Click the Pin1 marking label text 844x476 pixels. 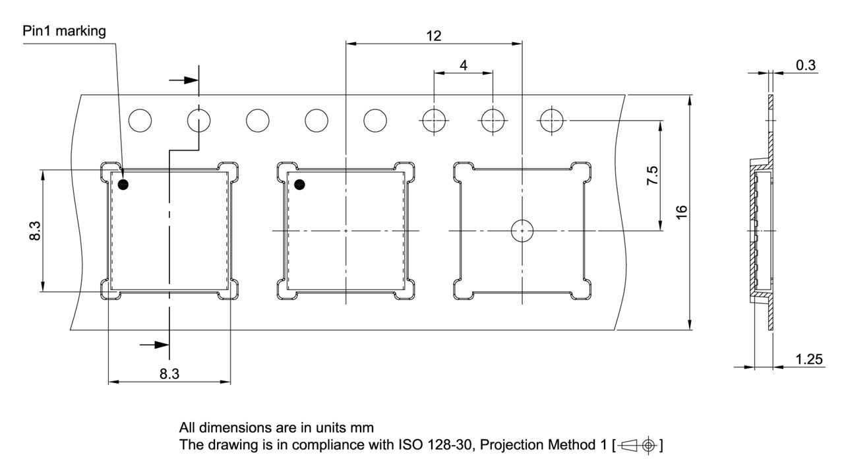(64, 32)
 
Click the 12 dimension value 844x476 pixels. (433, 36)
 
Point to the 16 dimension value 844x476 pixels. (682, 212)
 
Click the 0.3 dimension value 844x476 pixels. (805, 65)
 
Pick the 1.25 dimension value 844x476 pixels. (808, 359)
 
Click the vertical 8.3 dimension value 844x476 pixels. (36, 231)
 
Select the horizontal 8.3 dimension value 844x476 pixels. (169, 374)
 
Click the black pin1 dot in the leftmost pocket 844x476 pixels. (123, 185)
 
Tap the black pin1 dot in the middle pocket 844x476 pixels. (300, 185)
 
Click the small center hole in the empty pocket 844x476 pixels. (522, 231)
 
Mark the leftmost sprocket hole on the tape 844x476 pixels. (140, 120)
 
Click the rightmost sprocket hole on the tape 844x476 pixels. (551, 120)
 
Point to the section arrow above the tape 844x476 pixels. (184, 80)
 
